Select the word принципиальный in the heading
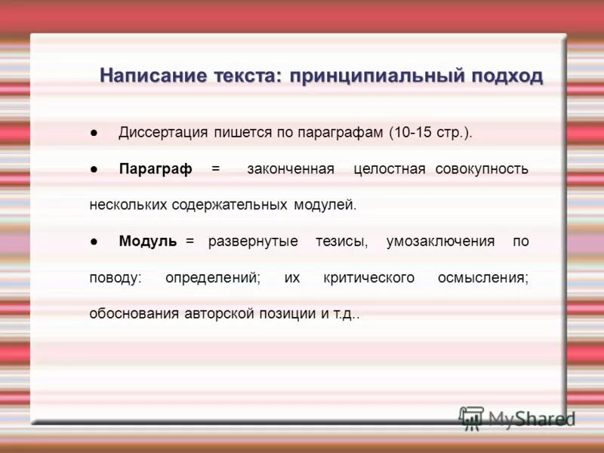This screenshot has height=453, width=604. (364, 76)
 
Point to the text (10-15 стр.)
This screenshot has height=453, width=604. (430, 133)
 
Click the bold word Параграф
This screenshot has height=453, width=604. (156, 169)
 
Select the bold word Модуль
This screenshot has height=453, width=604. (148, 242)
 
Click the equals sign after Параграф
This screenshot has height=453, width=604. (215, 169)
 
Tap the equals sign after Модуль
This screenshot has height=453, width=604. (190, 242)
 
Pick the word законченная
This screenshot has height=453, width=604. (291, 169)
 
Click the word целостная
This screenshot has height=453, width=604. (390, 169)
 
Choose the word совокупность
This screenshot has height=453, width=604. (482, 169)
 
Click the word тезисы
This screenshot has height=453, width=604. (342, 242)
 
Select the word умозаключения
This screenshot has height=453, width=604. (440, 242)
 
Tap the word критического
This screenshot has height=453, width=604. (368, 278)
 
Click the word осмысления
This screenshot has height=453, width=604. (483, 278)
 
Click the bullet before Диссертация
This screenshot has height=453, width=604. (93, 134)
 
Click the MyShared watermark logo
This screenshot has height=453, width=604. (517, 418)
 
